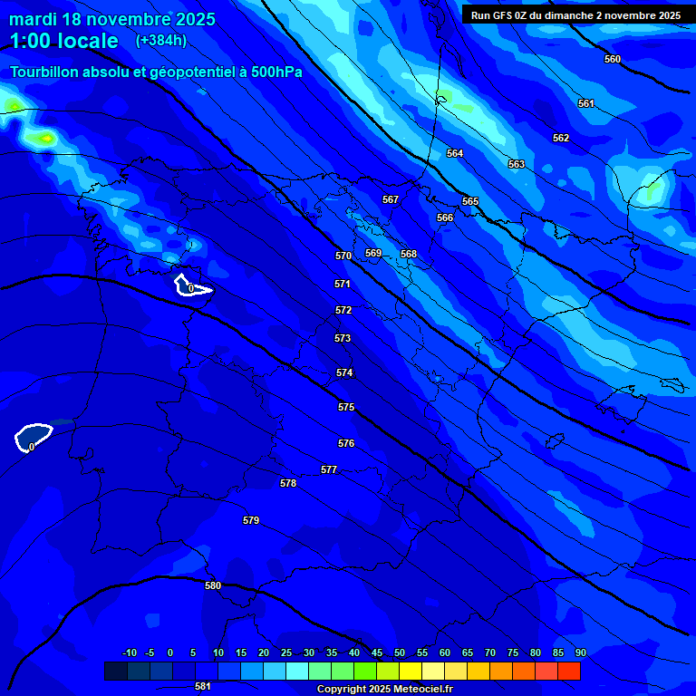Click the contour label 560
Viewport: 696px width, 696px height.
coord(613,59)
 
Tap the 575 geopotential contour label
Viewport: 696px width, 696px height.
coord(346,408)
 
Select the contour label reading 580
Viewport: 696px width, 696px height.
coord(213,585)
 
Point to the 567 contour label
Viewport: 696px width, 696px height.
coord(391,199)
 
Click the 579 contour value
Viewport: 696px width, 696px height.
coord(251,520)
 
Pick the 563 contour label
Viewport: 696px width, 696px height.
coord(516,164)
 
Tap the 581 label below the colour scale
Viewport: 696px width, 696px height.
coord(203,686)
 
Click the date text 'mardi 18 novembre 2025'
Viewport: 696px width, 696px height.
coord(112,19)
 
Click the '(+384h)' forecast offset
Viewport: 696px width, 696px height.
coord(161,41)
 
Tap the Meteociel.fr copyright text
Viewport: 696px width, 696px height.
coord(384,690)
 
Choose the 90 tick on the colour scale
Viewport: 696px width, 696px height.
coord(581,653)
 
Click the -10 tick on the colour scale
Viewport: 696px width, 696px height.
coord(129,653)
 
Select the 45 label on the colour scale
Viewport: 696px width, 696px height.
coord(377,653)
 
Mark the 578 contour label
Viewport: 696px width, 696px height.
coord(288,483)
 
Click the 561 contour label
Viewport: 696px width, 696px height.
coord(586,103)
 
